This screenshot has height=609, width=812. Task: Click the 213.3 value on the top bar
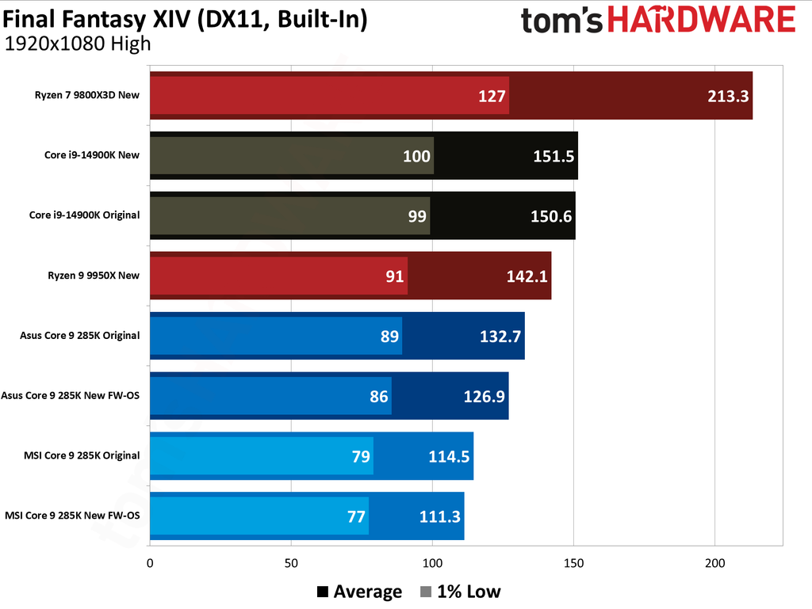pos(727,97)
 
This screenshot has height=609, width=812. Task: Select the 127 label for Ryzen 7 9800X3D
pos(492,97)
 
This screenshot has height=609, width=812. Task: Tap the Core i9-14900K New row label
pos(92,155)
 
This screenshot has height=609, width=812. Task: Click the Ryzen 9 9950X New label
pos(94,276)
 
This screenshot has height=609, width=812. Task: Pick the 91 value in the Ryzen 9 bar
pos(394,276)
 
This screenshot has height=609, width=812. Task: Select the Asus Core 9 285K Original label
pos(80,335)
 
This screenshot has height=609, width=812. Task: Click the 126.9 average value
pos(484,396)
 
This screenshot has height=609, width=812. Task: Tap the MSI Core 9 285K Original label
pos(82,455)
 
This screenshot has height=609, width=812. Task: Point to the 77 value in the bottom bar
pos(355,517)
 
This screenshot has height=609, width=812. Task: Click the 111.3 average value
pos(439,517)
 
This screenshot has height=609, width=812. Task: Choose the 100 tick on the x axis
pos(432,564)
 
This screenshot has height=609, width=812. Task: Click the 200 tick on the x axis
pos(715,564)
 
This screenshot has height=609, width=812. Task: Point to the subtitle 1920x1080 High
pos(77,44)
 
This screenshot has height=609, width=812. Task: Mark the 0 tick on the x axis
pos(150,564)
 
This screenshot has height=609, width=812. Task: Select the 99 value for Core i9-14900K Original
pos(417,216)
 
